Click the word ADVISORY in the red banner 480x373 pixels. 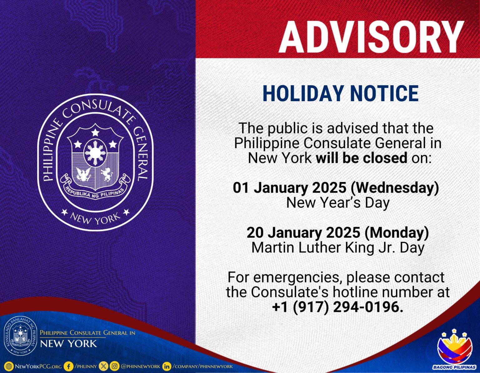pos(371,37)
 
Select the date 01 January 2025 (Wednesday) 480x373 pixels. pos(336,188)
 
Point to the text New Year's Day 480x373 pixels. pos(338,203)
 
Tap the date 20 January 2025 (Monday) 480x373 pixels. pos(337,233)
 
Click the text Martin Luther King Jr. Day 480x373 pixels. pos(338,248)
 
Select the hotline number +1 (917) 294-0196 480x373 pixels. pos(338,307)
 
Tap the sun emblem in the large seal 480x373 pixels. pos(95,153)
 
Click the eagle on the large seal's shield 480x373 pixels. pos(83,174)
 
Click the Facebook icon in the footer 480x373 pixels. pos(68,366)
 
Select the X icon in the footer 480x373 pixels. pos(103,366)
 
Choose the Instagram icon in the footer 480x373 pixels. pos(114,366)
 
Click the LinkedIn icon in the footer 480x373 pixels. pos(167,366)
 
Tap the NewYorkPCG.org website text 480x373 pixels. pos(38,366)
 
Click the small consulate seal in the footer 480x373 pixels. pos(21,336)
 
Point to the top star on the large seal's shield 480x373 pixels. pos(95,132)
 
